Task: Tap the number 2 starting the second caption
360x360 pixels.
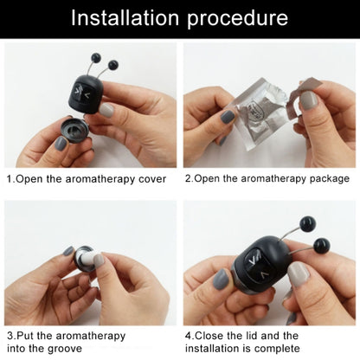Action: point(188,179)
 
